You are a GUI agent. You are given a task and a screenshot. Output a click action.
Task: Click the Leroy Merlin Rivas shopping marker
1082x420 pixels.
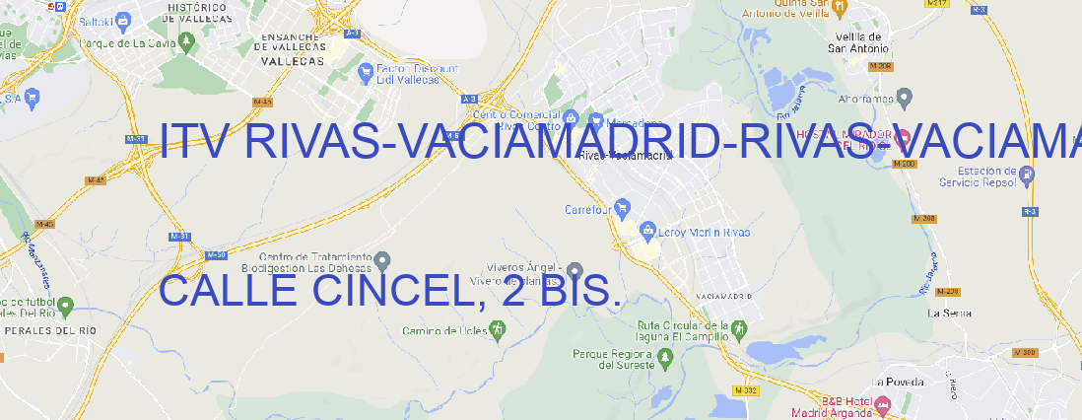click(x=647, y=231)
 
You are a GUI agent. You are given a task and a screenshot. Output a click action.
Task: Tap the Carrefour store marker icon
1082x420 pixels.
click(x=623, y=208)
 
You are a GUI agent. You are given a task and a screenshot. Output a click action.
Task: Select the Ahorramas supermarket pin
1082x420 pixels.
click(x=906, y=97)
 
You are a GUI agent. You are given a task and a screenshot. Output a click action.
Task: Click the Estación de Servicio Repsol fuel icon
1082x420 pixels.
click(x=1028, y=175)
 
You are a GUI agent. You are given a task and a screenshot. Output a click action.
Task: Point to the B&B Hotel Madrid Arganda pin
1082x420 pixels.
click(x=883, y=405)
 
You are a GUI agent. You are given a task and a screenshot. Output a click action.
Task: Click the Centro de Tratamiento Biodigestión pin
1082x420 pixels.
click(x=383, y=260)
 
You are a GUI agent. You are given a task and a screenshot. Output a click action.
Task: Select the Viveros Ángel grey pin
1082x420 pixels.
click(x=575, y=269)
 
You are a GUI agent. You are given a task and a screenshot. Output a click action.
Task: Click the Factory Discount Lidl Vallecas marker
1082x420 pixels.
click(x=366, y=71)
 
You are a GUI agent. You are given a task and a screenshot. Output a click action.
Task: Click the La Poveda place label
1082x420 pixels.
click(x=898, y=382)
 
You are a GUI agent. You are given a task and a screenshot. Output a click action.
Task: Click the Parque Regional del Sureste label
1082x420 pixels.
click(x=613, y=359)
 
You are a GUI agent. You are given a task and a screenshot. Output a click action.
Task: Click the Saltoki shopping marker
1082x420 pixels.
click(x=122, y=19)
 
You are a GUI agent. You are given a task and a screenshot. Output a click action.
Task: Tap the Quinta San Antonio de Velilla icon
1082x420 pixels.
click(x=840, y=7)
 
